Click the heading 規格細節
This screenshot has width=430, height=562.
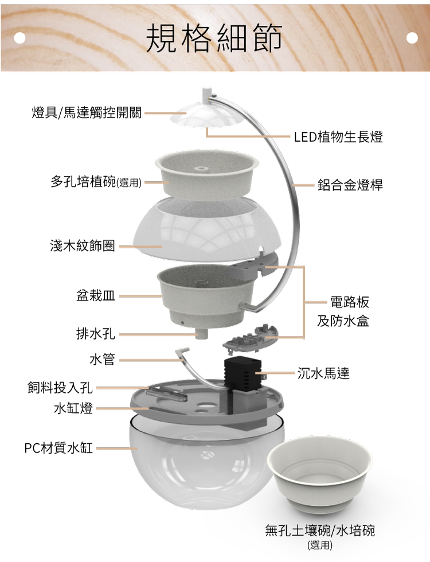coord(214,38)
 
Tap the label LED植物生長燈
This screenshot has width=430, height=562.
coord(338,137)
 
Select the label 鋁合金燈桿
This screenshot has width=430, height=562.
coord(350,185)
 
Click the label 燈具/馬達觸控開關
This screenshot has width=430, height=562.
coord(87,112)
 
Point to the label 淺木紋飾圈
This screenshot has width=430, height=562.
coord(83,246)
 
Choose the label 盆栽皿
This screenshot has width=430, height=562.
coord(96,296)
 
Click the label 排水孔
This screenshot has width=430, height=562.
coord(96,334)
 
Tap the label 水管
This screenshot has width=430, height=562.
coord(102,359)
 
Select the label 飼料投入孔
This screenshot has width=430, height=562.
coord(60,388)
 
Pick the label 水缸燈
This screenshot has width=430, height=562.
coord(73,408)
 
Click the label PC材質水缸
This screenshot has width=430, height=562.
coord(58,448)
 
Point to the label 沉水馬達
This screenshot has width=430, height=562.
coord(323,373)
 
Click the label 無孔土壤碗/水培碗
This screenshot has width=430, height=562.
coord(320,530)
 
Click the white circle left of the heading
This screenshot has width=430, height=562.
coord(19,38)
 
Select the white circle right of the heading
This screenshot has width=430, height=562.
coord(412,38)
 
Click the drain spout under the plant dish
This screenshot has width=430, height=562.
coord(202,333)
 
